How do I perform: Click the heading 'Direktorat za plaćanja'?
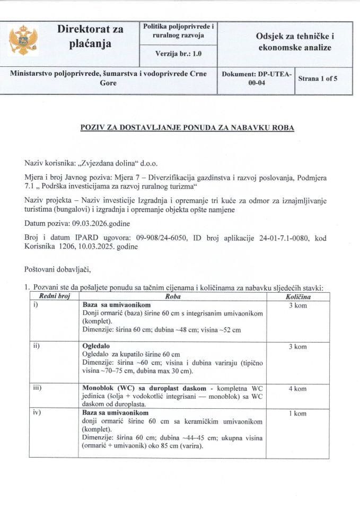(90, 37)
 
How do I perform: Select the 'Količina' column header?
(298, 297)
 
